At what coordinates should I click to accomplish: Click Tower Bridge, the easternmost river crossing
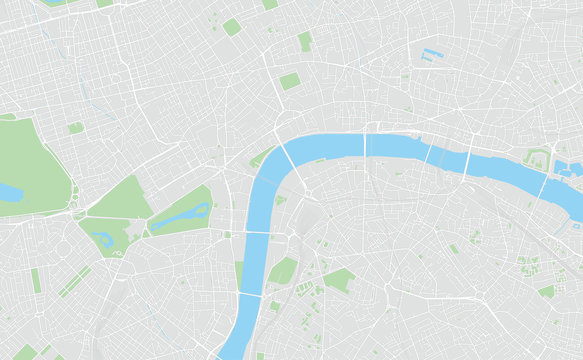coord(543,184)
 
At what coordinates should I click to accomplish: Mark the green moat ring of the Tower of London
coord(538,159)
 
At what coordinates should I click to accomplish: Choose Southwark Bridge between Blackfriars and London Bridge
coord(427,154)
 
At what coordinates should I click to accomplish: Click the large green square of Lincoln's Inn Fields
coord(289,81)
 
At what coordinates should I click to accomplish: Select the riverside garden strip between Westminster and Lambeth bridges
coord(239,271)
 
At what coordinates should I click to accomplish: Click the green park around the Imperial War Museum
coord(338,281)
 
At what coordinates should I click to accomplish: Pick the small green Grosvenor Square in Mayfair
coord(76,127)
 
